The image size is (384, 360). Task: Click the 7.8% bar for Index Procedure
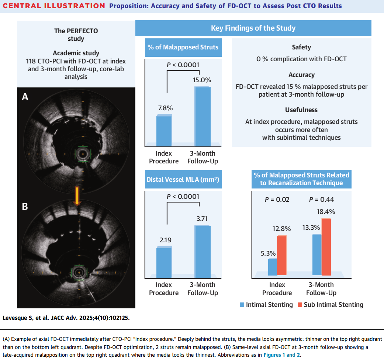(x=164, y=131)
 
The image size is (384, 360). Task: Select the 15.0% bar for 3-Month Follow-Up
(x=203, y=116)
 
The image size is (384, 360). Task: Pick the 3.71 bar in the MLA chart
(x=203, y=251)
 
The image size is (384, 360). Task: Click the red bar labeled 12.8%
(x=282, y=255)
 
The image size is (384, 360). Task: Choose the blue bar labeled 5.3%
(x=273, y=267)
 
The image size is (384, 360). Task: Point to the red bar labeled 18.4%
(x=326, y=247)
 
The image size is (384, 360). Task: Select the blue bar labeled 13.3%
(x=317, y=255)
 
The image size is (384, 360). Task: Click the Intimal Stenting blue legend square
(x=242, y=305)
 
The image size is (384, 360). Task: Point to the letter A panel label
(x=25, y=97)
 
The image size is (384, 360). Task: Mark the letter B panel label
(x=25, y=206)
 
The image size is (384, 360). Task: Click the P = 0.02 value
(x=277, y=200)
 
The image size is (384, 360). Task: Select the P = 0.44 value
(x=321, y=200)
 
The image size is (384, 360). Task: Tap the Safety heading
(x=301, y=47)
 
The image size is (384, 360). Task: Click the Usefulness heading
(x=301, y=110)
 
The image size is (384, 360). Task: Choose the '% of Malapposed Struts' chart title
(x=183, y=47)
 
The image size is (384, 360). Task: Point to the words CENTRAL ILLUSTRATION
(x=54, y=6)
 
